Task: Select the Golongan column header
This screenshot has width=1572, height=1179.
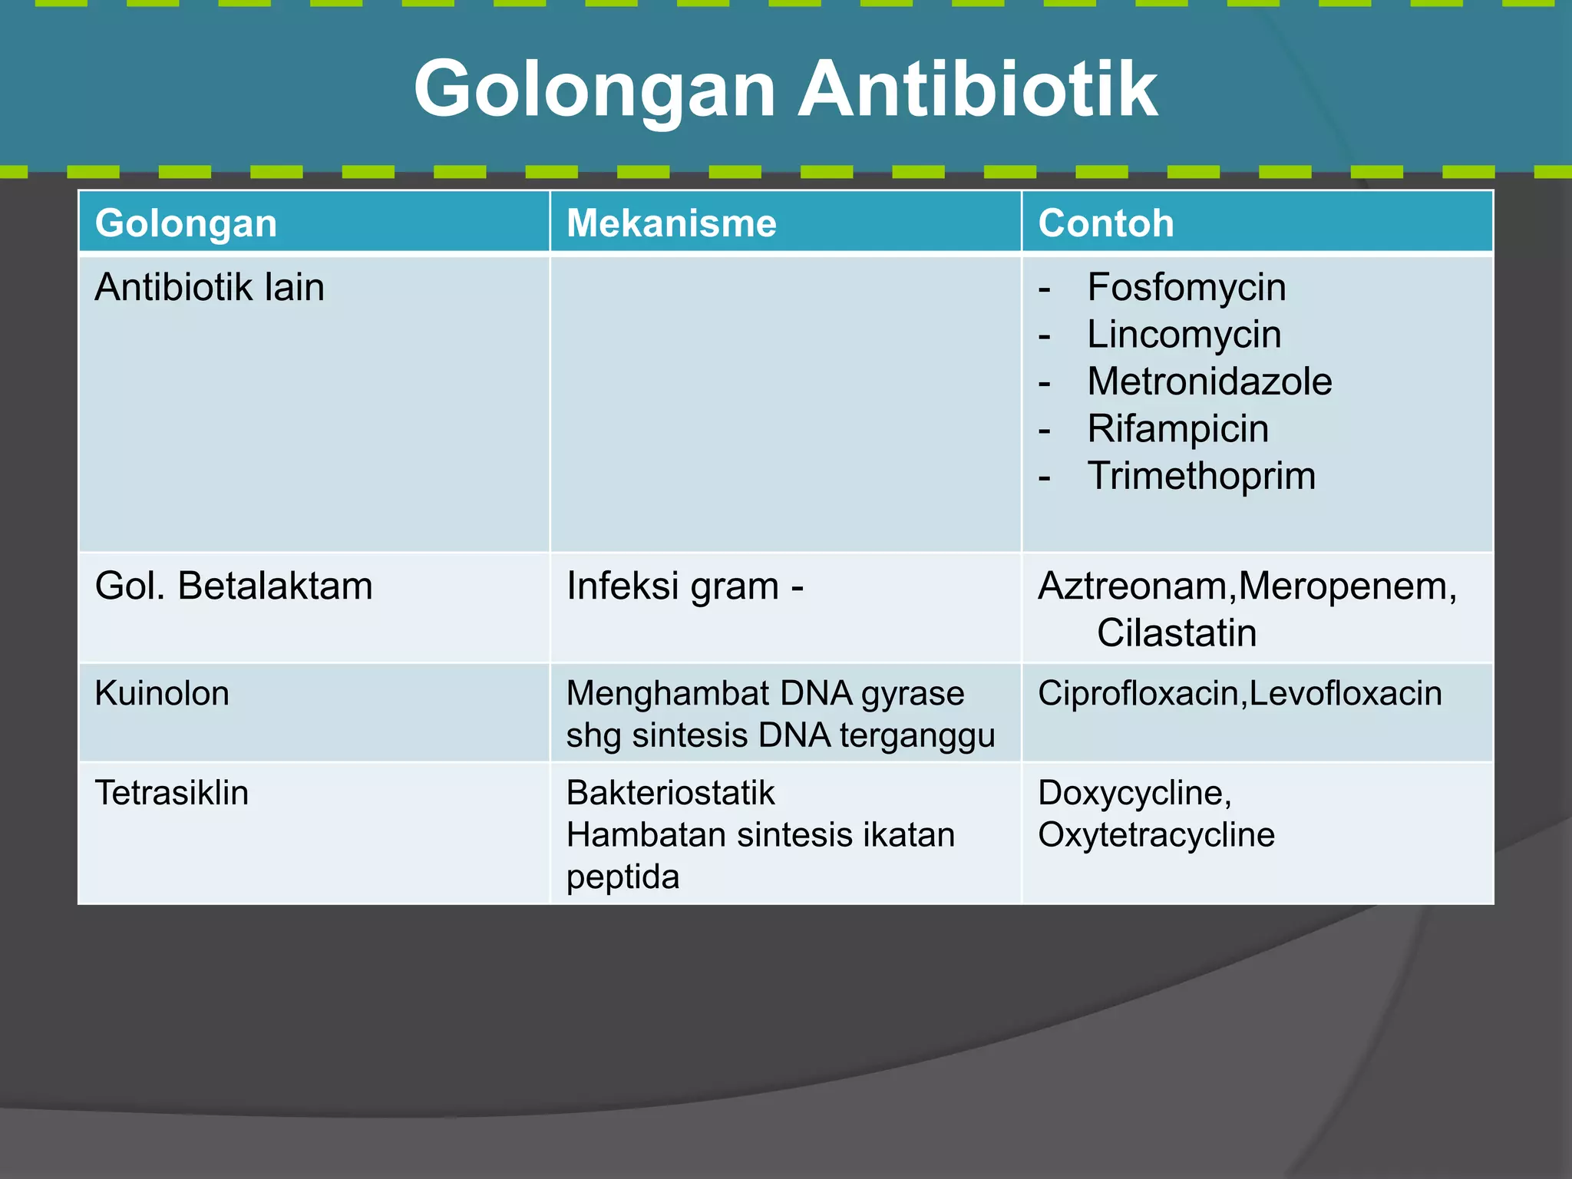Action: pyautogui.click(x=186, y=223)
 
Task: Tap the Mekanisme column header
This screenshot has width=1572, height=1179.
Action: pyautogui.click(x=671, y=223)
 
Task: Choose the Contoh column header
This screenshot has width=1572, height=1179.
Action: pyautogui.click(x=1105, y=223)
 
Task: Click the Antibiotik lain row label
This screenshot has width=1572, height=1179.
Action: pyautogui.click(x=210, y=288)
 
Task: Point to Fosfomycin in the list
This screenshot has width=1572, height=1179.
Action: pyautogui.click(x=1186, y=288)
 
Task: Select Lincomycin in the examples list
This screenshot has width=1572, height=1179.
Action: pyautogui.click(x=1184, y=335)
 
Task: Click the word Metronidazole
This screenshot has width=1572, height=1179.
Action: pyautogui.click(x=1209, y=381)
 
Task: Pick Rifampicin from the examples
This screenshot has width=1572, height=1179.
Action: pyautogui.click(x=1177, y=428)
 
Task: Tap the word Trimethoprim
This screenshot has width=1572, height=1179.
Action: pyautogui.click(x=1201, y=476)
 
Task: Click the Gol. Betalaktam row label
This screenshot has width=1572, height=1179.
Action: pyautogui.click(x=233, y=586)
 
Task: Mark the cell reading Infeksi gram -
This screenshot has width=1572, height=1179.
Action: pyautogui.click(x=685, y=586)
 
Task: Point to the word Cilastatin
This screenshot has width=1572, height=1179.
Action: pyautogui.click(x=1176, y=633)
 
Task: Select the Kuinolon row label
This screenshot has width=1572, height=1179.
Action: pyautogui.click(x=162, y=693)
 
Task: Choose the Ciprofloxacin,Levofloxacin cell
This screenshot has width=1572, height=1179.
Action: pyautogui.click(x=1240, y=693)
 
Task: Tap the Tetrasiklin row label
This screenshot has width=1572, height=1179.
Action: pyautogui.click(x=171, y=792)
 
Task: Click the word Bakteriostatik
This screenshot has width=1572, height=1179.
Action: pyautogui.click(x=670, y=792)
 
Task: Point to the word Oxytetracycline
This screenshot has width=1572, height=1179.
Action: pyautogui.click(x=1156, y=834)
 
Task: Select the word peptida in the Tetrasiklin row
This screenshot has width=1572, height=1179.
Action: pyautogui.click(x=623, y=877)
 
